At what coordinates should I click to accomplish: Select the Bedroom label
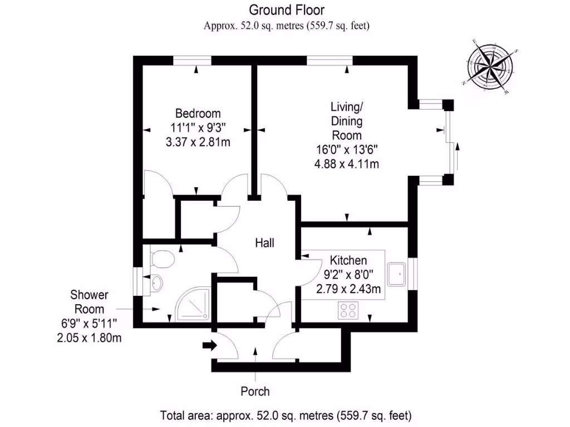click(x=198, y=113)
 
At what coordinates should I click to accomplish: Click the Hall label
click(x=264, y=242)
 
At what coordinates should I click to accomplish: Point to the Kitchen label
click(x=348, y=260)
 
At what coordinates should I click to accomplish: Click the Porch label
click(x=255, y=391)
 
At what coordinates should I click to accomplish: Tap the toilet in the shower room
click(x=162, y=259)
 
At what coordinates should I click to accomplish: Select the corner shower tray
click(x=192, y=306)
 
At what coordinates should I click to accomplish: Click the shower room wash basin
click(x=155, y=283)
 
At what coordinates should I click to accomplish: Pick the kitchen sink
click(x=399, y=273)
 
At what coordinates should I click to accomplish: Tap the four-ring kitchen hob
click(x=348, y=310)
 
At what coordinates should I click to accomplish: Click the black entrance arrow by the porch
click(x=209, y=346)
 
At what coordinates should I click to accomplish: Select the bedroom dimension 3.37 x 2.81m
click(x=198, y=142)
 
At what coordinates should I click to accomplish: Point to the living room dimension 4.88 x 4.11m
click(x=347, y=164)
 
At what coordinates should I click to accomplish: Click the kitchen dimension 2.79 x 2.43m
click(x=348, y=289)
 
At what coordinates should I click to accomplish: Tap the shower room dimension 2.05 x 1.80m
click(x=89, y=337)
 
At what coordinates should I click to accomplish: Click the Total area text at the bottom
click(x=286, y=415)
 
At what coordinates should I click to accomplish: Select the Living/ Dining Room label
click(x=347, y=121)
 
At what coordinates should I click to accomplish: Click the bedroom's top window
click(x=192, y=60)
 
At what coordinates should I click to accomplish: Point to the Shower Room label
click(x=89, y=301)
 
